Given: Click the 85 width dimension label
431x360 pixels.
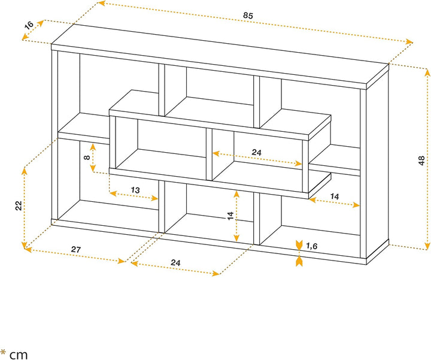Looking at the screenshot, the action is (x=248, y=16).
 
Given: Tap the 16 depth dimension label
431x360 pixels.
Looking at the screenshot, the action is (x=29, y=25).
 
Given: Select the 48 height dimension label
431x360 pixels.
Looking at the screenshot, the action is (x=421, y=161).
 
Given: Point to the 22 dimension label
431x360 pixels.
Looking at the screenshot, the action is (x=19, y=205).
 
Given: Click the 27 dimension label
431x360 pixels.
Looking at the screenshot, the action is (x=76, y=249).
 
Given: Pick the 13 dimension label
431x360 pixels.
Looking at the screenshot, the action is (x=135, y=190).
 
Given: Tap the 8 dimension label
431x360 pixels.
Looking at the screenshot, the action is (x=87, y=158).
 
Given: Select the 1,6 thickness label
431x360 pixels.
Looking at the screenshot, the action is (x=311, y=246).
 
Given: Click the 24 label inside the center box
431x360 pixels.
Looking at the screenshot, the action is (x=256, y=152).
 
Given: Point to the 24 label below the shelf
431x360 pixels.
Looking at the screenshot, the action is (x=175, y=262).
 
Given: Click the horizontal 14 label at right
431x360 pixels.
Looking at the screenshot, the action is (x=334, y=196).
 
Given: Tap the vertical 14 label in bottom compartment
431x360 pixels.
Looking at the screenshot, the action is (x=230, y=216).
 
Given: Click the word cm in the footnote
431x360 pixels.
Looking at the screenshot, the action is (x=19, y=355).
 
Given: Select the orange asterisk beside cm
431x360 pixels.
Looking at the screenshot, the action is (x=4, y=352).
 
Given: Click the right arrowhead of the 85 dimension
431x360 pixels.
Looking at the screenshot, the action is (x=409, y=42).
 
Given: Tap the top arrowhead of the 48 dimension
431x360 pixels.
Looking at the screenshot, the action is (x=427, y=72).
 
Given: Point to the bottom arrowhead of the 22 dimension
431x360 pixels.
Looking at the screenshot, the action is (x=25, y=245).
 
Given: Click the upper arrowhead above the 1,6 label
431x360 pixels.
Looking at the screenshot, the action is (x=299, y=244).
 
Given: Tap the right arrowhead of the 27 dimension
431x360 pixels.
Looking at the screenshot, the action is (x=122, y=261).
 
